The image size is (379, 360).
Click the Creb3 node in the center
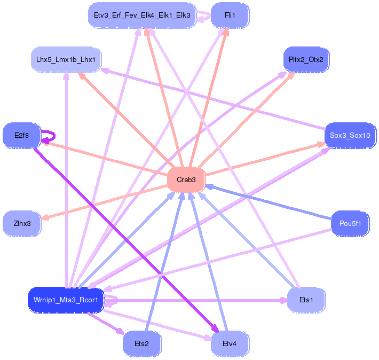186,180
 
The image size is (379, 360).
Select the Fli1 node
230,15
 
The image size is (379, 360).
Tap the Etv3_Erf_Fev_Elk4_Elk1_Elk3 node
141,15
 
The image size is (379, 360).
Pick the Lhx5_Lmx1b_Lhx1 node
66,59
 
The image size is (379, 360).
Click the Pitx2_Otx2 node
306,59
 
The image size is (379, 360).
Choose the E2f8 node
22,136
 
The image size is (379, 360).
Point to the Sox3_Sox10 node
350,136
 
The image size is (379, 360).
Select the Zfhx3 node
22,223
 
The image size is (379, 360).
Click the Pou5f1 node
350,223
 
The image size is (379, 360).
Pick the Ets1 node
306,300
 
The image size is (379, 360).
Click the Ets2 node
141,344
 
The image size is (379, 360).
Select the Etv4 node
230,344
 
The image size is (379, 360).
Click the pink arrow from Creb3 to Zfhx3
107,201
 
